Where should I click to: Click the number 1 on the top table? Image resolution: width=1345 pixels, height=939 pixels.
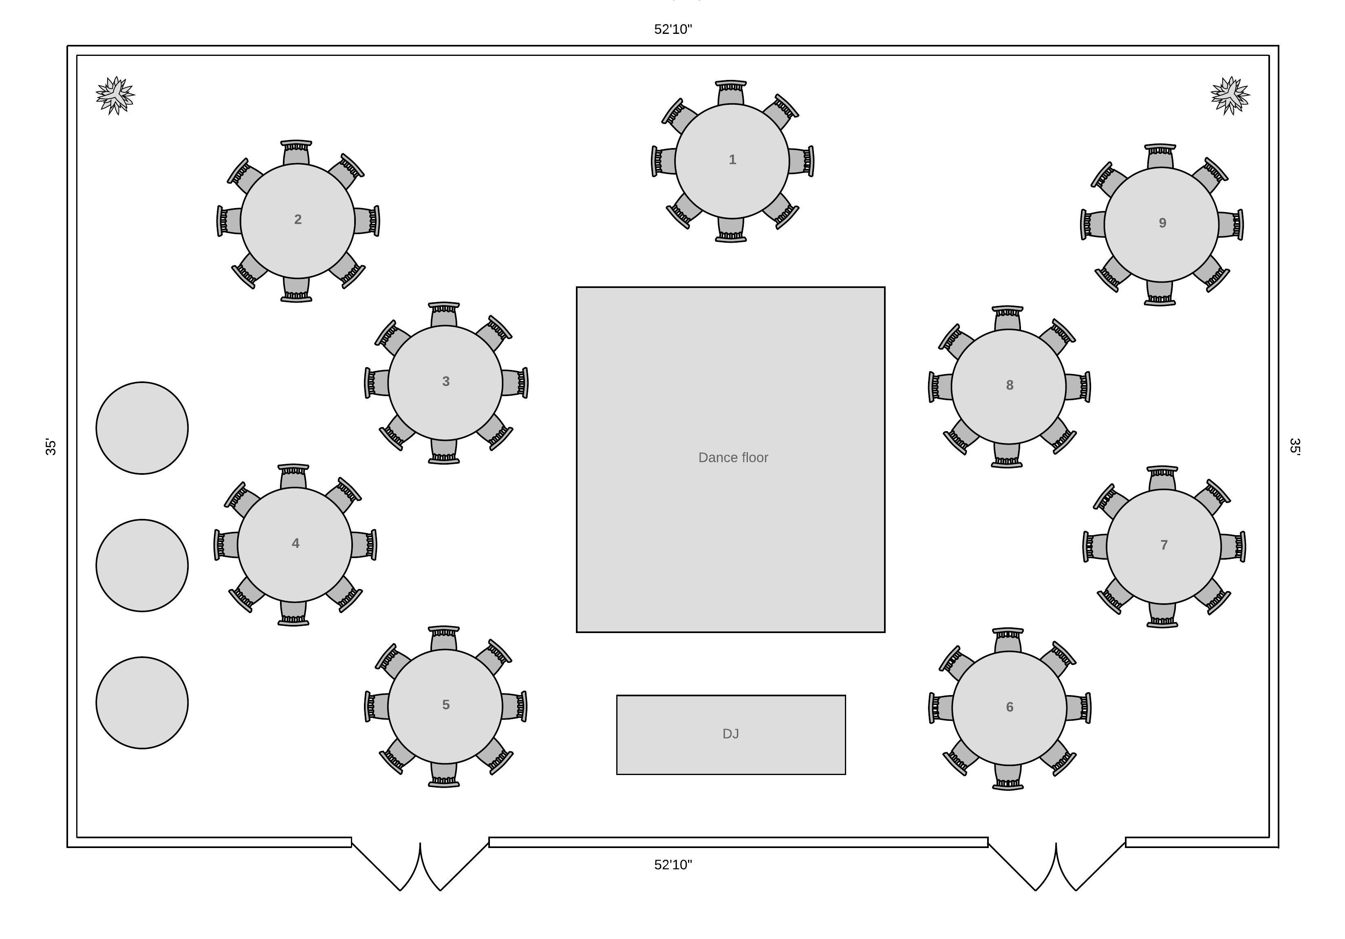point(732,159)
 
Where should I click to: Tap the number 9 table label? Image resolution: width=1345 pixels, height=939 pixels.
point(1162,223)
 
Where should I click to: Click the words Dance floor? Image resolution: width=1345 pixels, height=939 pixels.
point(733,458)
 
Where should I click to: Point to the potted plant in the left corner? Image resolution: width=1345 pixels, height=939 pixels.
point(115,95)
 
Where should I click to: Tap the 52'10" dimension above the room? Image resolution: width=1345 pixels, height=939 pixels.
point(673,29)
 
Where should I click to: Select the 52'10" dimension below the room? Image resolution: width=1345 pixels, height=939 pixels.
point(673,865)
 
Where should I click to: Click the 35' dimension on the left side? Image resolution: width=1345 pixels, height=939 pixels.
point(51,447)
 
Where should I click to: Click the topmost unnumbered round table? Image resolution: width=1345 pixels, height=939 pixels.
point(142,428)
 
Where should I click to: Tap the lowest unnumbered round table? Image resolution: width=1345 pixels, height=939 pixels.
point(142,703)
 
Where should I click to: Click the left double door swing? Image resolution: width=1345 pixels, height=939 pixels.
point(420,866)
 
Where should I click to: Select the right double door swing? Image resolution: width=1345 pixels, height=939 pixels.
point(1056,866)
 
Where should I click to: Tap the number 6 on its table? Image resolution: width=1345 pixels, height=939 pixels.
point(1009,707)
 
